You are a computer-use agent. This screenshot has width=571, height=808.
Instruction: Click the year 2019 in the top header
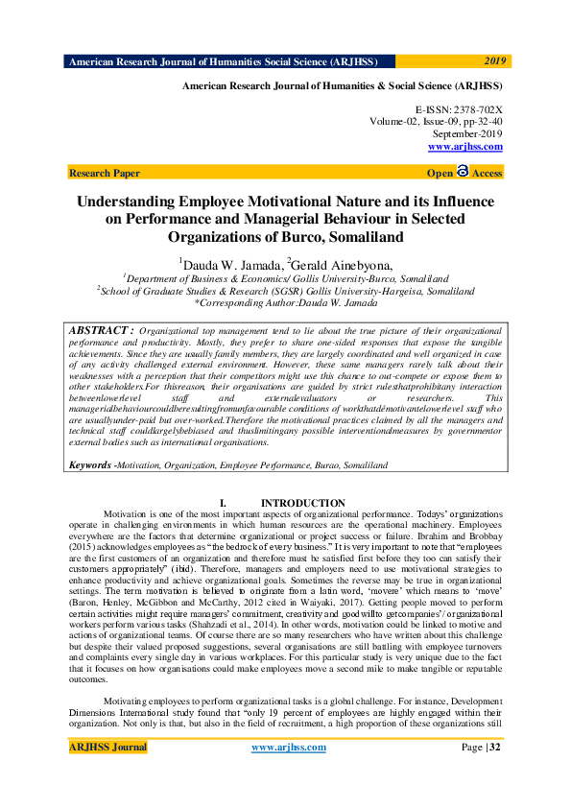point(494,59)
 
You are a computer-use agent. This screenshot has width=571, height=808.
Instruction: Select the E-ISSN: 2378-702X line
point(458,110)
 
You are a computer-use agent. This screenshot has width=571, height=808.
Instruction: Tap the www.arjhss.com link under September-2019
point(464,147)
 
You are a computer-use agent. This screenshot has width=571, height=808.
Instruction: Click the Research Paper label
point(105,174)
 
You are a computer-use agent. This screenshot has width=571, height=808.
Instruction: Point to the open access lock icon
point(463,172)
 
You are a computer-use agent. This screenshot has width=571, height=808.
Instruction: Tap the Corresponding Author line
point(286,302)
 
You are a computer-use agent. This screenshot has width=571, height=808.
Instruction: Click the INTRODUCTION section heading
point(303,503)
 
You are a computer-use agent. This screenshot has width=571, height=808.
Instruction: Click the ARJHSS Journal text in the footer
point(107,748)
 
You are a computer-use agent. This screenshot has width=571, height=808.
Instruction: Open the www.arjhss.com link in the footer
point(288,748)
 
